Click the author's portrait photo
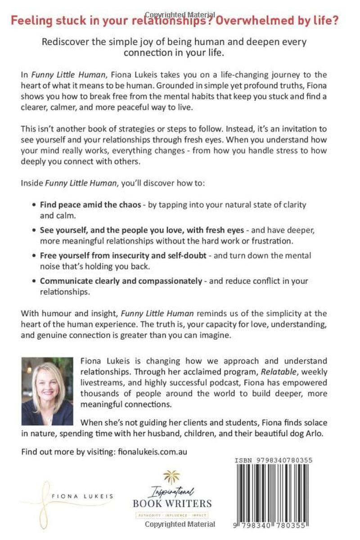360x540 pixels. tap(47, 391)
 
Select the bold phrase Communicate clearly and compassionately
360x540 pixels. tap(121, 281)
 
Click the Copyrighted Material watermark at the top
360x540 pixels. tap(180, 15)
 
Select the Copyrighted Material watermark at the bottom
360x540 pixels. tap(180, 524)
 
